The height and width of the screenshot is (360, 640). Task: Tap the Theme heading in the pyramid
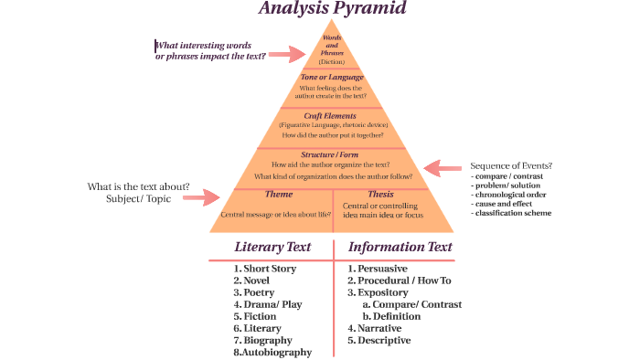coord(278,195)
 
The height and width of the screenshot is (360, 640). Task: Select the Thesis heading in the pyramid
coord(380,195)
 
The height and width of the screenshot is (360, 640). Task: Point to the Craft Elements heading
coord(332,116)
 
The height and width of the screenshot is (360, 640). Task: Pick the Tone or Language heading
coord(332,78)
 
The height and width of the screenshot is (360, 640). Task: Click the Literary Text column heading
coord(272,247)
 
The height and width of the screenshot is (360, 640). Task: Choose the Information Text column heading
coord(400,247)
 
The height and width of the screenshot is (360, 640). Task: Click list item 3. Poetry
coord(253,292)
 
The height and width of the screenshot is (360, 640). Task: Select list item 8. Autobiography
coord(272,352)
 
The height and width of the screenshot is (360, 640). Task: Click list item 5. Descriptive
coord(379,340)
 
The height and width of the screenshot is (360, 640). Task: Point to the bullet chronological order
coord(509,195)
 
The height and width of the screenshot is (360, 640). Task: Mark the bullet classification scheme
coord(511,213)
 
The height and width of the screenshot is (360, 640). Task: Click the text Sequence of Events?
coord(511,165)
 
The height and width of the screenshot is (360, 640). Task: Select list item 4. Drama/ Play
coord(267,304)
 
